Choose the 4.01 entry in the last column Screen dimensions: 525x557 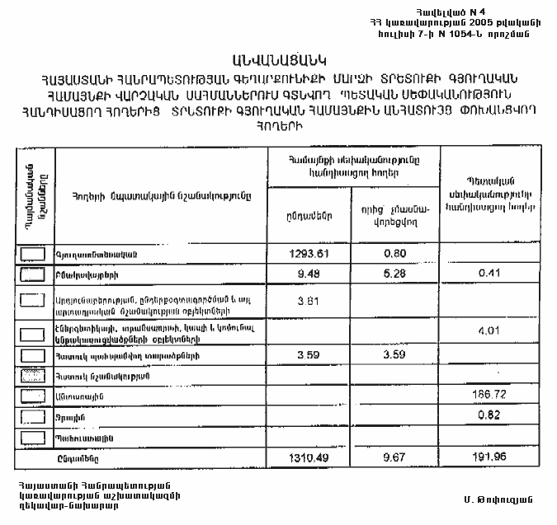(x=485, y=331)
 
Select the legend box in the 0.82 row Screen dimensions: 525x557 (x=32, y=417)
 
